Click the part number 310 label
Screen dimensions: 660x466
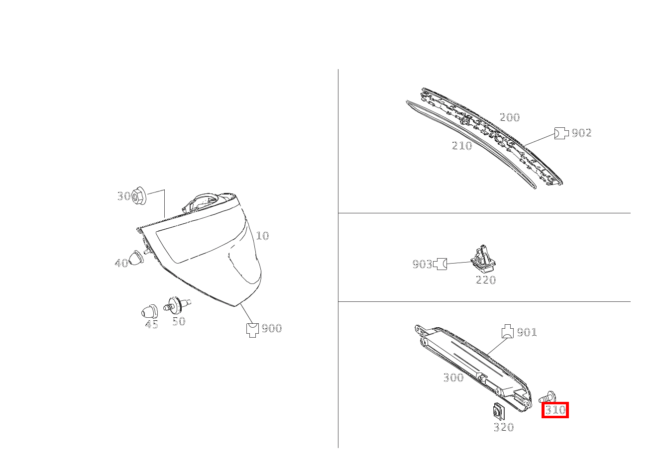tap(555, 410)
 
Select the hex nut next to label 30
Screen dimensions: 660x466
tap(139, 195)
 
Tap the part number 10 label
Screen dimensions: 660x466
tap(262, 236)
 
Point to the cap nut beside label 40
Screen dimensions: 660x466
tap(136, 258)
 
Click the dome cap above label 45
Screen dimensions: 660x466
tap(149, 311)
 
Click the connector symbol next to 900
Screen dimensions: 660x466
tap(252, 330)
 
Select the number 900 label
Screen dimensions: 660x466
tap(272, 328)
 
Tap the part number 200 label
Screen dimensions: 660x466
tap(510, 117)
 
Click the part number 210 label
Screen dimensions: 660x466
tap(462, 145)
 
